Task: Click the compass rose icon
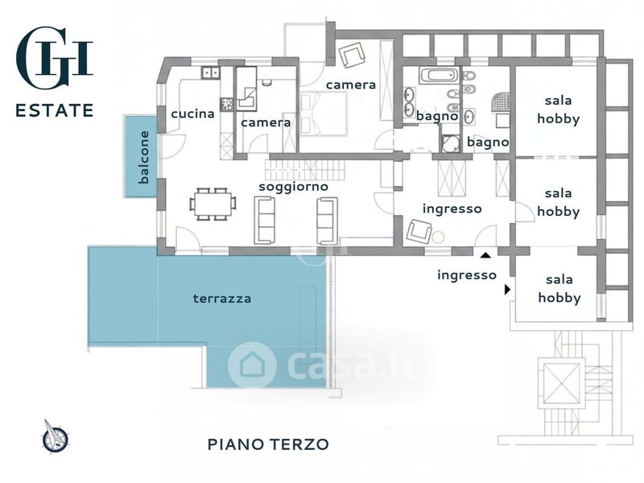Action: click(55, 436)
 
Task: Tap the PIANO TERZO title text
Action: click(268, 444)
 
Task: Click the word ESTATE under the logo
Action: click(54, 110)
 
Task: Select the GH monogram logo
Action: click(54, 57)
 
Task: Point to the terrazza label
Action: click(222, 298)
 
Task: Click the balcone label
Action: click(144, 157)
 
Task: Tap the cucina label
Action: click(192, 114)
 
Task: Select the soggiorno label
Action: click(293, 187)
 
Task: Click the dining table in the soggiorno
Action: click(213, 204)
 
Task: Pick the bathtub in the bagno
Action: click(439, 75)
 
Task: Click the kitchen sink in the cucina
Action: click(210, 72)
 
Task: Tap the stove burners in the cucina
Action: click(227, 105)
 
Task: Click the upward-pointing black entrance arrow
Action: click(486, 256)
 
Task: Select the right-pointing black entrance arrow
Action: click(508, 290)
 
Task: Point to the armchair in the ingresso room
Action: click(419, 231)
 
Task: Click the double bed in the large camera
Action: click(324, 114)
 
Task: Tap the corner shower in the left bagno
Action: click(451, 144)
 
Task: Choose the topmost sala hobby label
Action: click(558, 109)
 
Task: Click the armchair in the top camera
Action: click(352, 54)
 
